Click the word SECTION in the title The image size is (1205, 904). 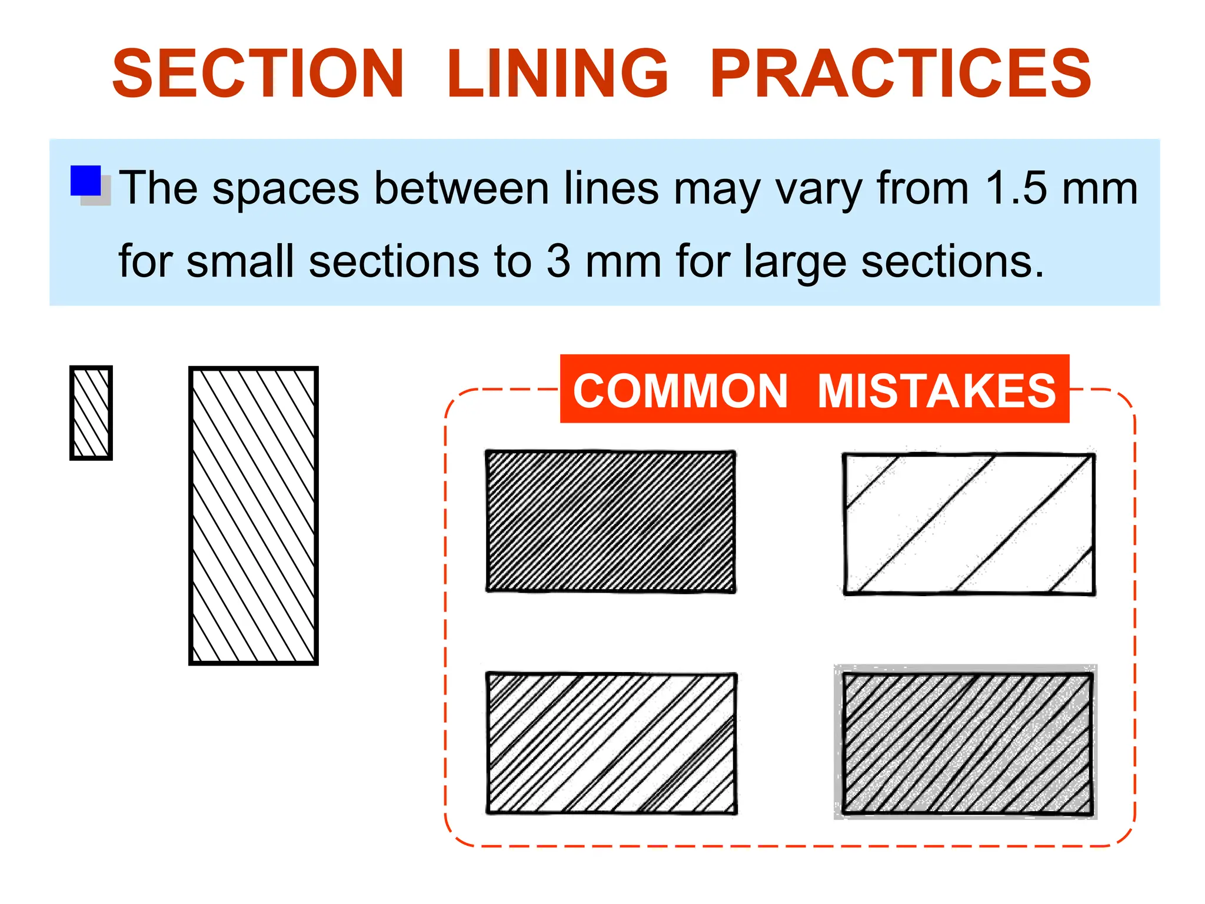pyautogui.click(x=258, y=74)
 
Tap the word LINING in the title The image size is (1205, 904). pyautogui.click(x=557, y=74)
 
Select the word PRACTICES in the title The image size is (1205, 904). pyautogui.click(x=900, y=74)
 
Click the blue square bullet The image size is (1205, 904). pyautogui.click(x=86, y=181)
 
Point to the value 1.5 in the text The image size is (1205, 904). pyautogui.click(x=1016, y=188)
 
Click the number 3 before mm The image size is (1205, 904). pyautogui.click(x=558, y=261)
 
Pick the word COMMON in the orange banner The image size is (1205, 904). pyautogui.click(x=680, y=391)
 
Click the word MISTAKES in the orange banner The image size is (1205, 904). pyautogui.click(x=937, y=391)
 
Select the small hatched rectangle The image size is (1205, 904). pyautogui.click(x=91, y=413)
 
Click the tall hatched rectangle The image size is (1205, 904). pyautogui.click(x=254, y=516)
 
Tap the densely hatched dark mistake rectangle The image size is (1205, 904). pyautogui.click(x=611, y=521)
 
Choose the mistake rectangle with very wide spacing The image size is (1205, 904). pyautogui.click(x=968, y=524)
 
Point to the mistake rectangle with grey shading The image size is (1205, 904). pyautogui.click(x=967, y=743)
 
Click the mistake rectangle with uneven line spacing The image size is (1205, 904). pyautogui.click(x=612, y=743)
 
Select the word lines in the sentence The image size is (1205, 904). pyautogui.click(x=611, y=188)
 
